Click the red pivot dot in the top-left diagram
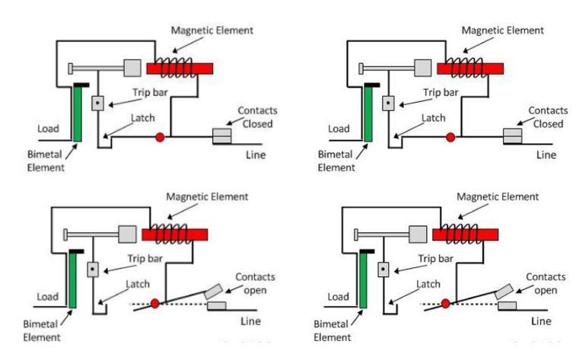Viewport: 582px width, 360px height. (160, 138)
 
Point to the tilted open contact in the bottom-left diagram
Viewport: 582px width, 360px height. (213, 292)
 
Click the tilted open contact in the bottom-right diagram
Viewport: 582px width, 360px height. (503, 292)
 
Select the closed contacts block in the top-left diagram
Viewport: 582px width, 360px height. (222, 135)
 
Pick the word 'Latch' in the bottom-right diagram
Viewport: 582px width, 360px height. (430, 284)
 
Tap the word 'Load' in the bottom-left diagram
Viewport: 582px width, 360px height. (48, 297)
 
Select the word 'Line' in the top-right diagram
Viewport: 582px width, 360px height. (546, 155)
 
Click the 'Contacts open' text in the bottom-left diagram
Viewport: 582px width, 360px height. (255, 282)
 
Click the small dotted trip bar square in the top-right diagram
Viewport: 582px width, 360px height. (387, 101)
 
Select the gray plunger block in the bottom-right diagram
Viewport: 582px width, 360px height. (418, 233)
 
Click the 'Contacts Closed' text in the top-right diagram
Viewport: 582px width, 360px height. (547, 116)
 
